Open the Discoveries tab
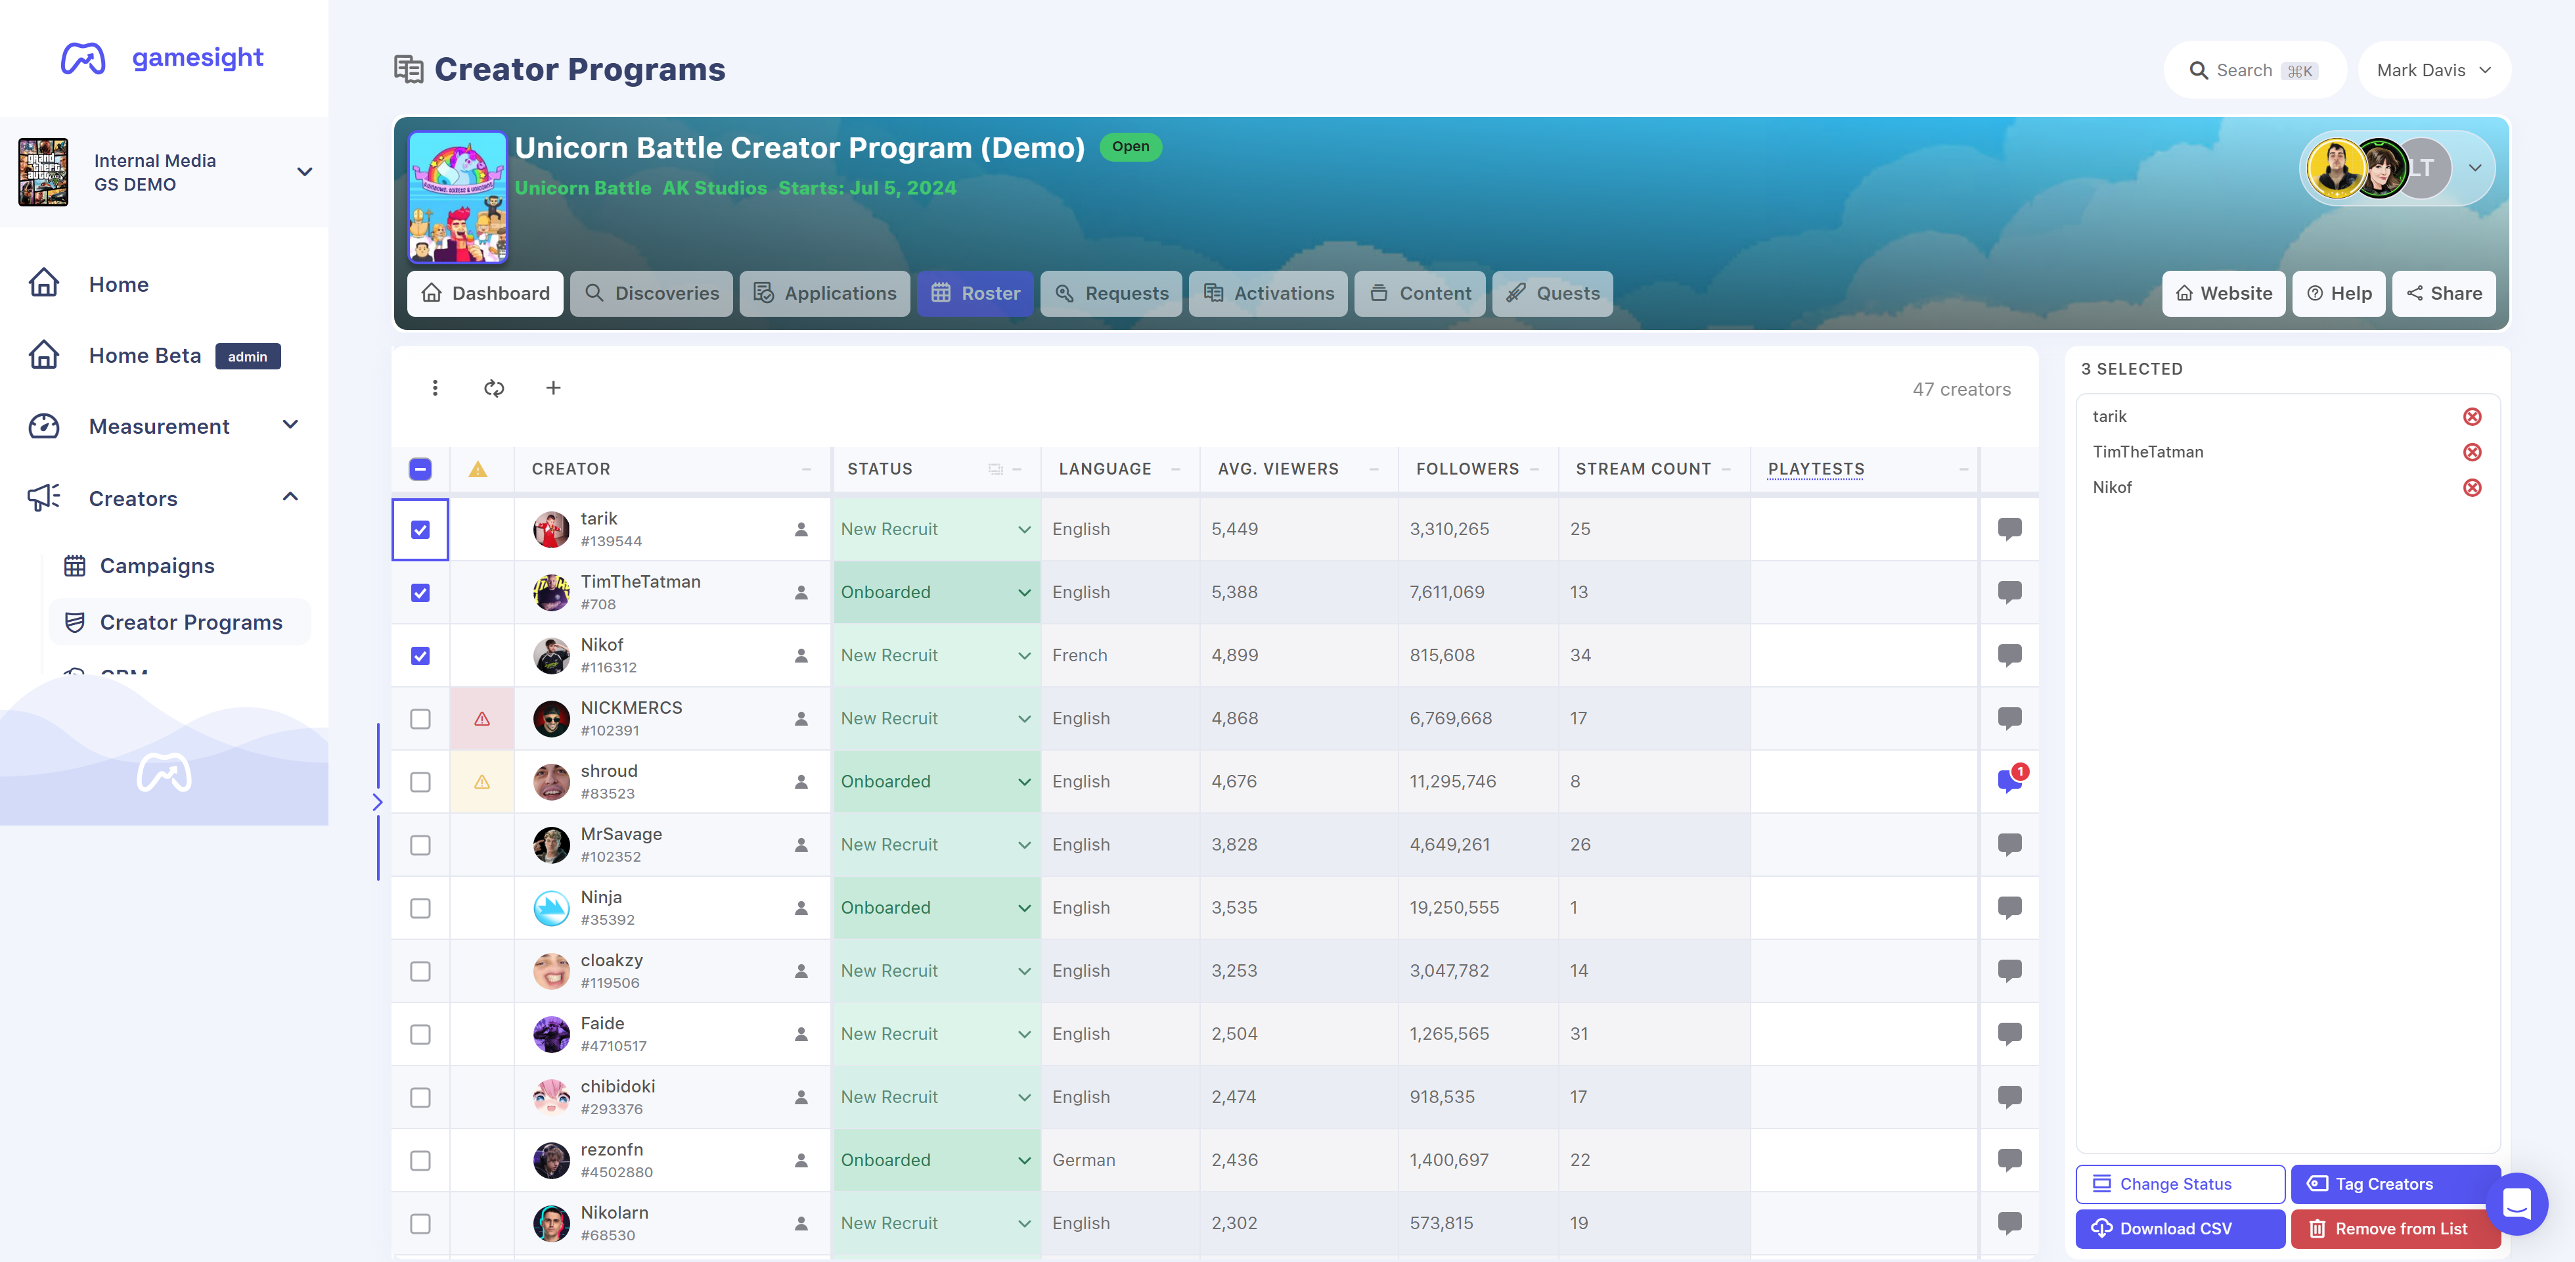651,293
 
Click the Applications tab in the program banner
824,293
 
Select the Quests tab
1552,293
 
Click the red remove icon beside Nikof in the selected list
2472,488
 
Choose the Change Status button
2180,1184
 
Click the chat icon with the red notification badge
2010,781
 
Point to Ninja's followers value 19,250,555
1454,908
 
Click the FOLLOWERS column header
1467,469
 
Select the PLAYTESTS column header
1815,469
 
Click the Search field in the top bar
2254,70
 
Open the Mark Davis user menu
2434,70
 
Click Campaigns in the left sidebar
157,566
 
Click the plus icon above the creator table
553,388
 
